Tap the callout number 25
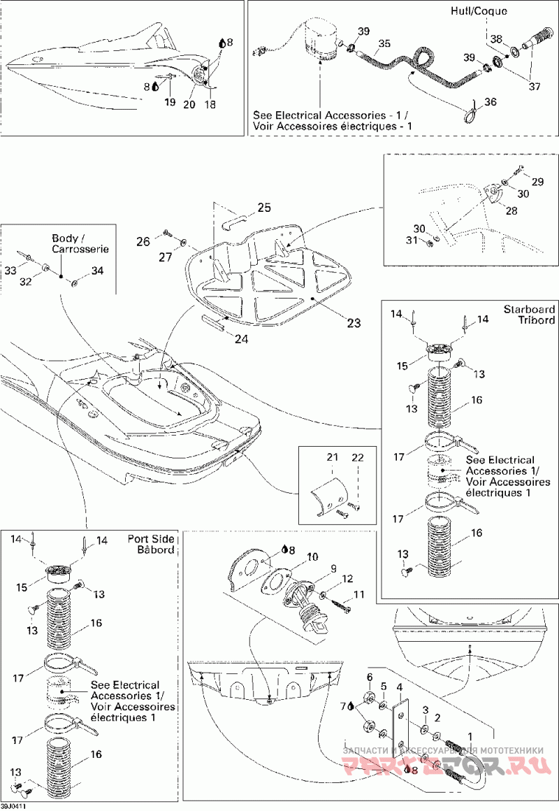[263, 208]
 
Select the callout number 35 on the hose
[382, 43]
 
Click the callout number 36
[490, 102]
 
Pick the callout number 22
[358, 457]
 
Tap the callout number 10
[312, 557]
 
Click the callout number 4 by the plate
[400, 687]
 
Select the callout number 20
[189, 103]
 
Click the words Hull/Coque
[488, 11]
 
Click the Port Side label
[152, 539]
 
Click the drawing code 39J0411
[13, 806]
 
